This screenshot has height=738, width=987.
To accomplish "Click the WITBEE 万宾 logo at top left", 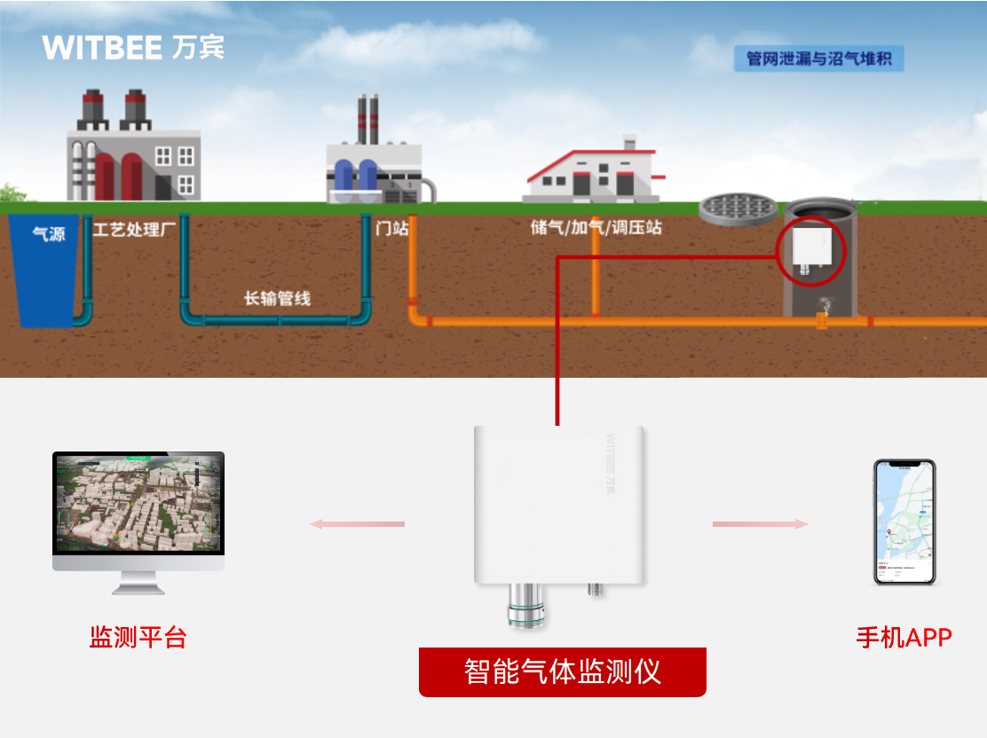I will [133, 47].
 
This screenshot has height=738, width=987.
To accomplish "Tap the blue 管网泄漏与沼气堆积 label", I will [817, 59].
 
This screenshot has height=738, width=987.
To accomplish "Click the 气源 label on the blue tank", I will [48, 235].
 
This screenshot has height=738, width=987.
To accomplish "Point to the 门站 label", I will [392, 228].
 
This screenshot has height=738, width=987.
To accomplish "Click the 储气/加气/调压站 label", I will [596, 228].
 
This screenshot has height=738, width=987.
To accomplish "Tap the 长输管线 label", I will [277, 298].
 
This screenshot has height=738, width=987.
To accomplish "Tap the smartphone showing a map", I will [904, 521].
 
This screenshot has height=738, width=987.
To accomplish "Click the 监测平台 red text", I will [138, 637].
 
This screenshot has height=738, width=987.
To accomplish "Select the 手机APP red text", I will [904, 637].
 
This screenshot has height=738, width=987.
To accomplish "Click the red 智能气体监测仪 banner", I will [562, 671].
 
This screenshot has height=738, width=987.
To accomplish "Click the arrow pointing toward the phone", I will [761, 524].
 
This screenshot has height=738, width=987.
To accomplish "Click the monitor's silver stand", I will [138, 582].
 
